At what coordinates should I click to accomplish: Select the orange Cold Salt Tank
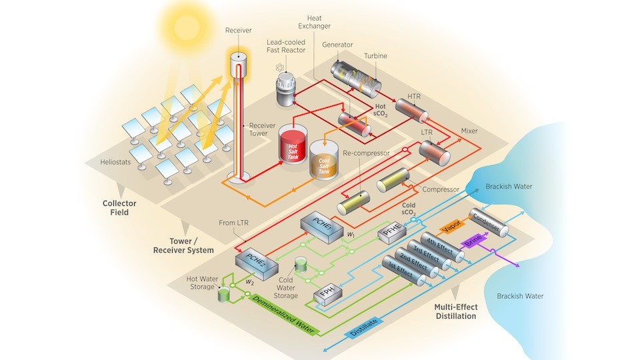323,162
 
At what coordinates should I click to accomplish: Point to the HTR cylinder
411,108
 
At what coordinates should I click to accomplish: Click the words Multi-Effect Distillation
455,311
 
